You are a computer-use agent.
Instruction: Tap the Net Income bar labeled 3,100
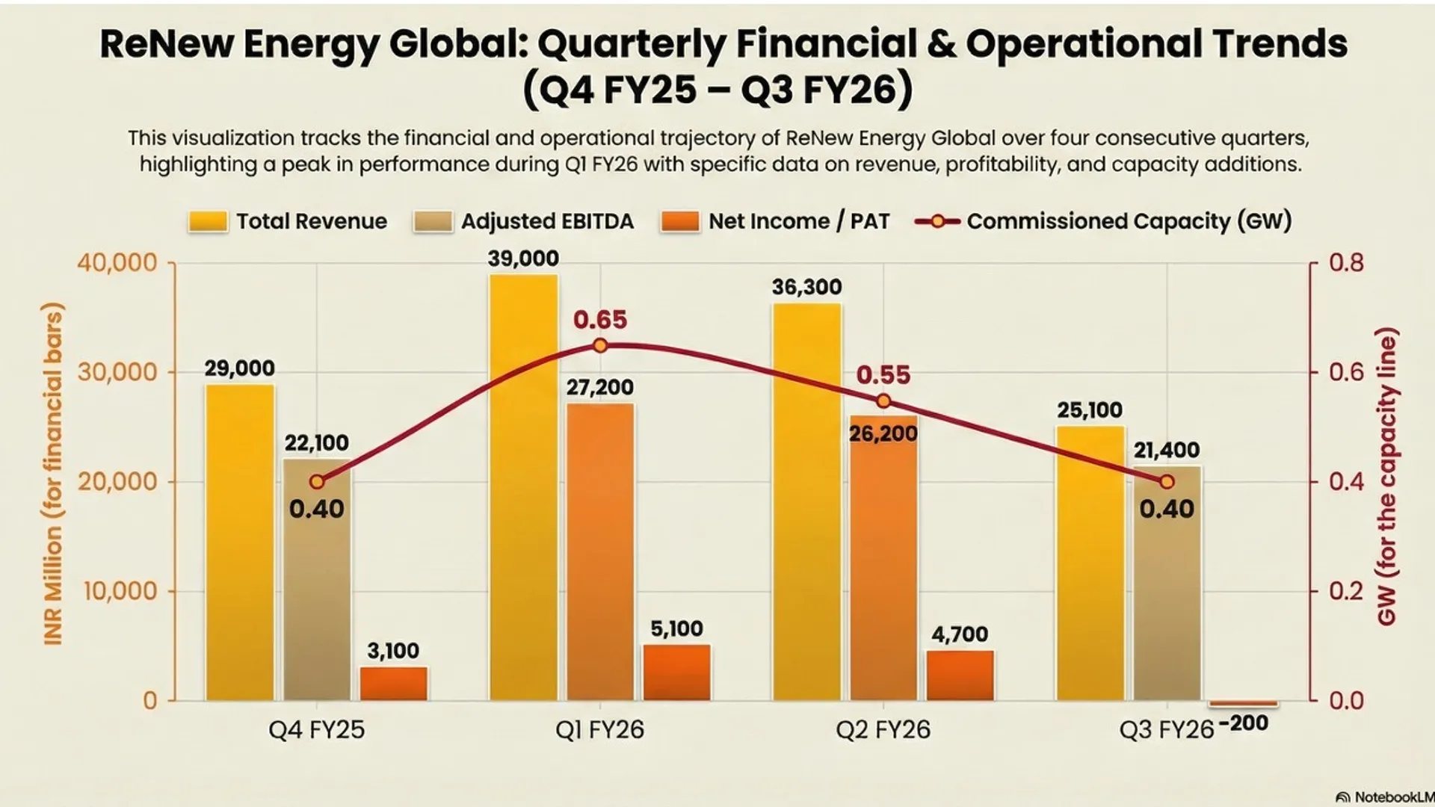(x=393, y=683)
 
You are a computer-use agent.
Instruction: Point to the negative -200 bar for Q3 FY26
(x=1244, y=704)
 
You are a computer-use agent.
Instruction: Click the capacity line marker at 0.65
(x=600, y=345)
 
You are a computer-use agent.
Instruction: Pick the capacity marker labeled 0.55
(x=883, y=401)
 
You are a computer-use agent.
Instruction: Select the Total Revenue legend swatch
(x=208, y=222)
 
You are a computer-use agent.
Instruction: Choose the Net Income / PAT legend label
(x=798, y=221)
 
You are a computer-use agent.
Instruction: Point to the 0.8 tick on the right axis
(x=1346, y=263)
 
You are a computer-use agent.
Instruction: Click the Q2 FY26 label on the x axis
(x=883, y=729)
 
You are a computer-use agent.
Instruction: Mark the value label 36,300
(x=806, y=287)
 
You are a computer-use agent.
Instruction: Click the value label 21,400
(x=1166, y=450)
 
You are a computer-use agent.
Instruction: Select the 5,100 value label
(x=676, y=628)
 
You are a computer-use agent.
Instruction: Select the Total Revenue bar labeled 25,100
(x=1090, y=563)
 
